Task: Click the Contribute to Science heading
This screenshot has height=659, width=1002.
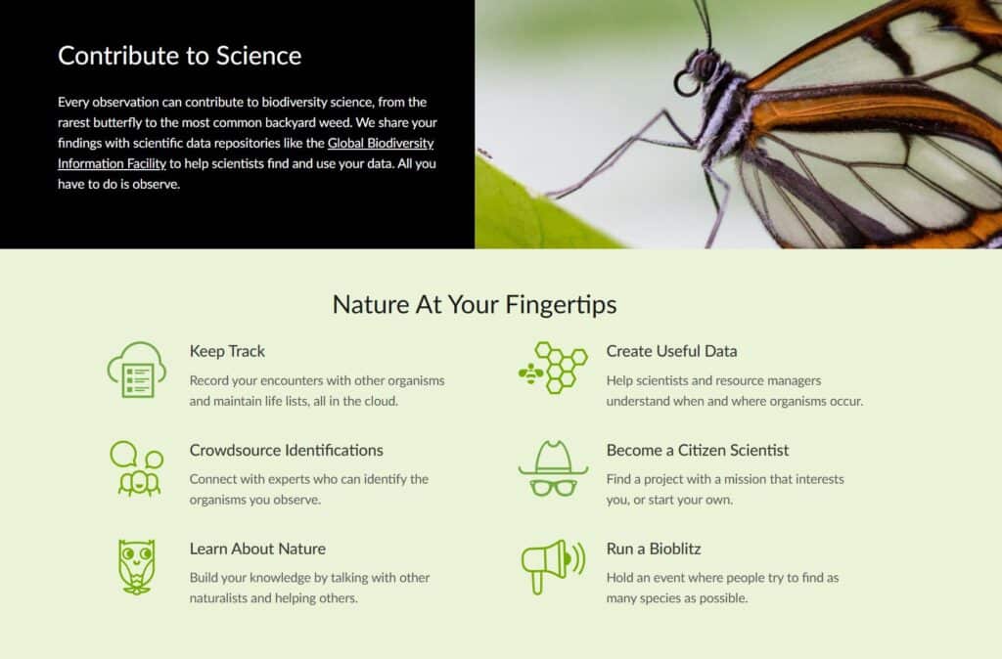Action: click(179, 56)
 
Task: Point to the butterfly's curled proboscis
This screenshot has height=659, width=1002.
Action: click(685, 85)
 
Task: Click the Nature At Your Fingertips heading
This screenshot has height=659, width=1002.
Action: click(475, 304)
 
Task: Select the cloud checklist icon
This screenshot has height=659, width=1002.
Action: click(136, 370)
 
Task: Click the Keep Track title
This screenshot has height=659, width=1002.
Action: click(227, 351)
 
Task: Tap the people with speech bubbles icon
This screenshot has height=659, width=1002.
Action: click(136, 468)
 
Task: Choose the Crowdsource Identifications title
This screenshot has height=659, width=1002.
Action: click(286, 450)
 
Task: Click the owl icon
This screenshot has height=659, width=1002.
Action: click(136, 566)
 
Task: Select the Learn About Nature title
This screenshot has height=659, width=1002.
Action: click(257, 549)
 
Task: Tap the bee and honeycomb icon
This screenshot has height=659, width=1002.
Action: click(552, 368)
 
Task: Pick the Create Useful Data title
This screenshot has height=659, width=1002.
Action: click(671, 351)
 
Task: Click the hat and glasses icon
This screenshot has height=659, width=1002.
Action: click(553, 468)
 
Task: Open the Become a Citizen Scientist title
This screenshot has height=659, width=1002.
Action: click(697, 450)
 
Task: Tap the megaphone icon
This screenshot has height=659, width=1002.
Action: click(552, 565)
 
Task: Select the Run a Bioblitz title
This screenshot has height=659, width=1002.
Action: click(653, 549)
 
